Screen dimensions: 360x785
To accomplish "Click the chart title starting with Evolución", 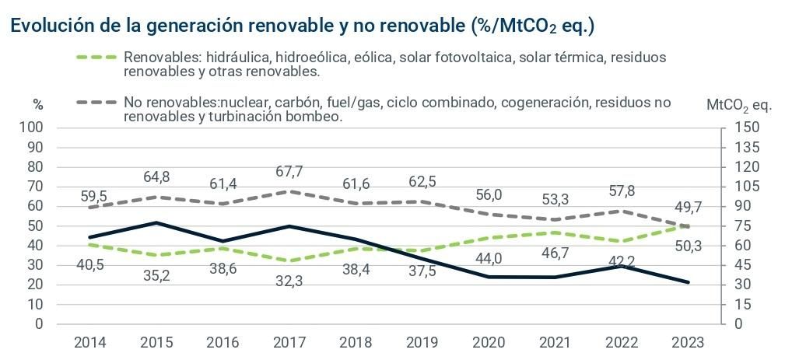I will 302,25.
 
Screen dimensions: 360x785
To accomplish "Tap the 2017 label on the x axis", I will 290,342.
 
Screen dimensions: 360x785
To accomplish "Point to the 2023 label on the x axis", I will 687,342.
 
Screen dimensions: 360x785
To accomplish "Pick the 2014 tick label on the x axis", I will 92,342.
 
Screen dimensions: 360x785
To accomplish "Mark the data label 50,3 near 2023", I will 687,247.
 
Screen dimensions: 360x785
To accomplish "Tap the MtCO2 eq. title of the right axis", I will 739,105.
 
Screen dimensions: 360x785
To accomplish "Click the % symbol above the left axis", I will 38,105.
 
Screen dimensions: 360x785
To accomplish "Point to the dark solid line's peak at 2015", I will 158,222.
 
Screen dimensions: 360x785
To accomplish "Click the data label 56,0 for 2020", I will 489,194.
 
